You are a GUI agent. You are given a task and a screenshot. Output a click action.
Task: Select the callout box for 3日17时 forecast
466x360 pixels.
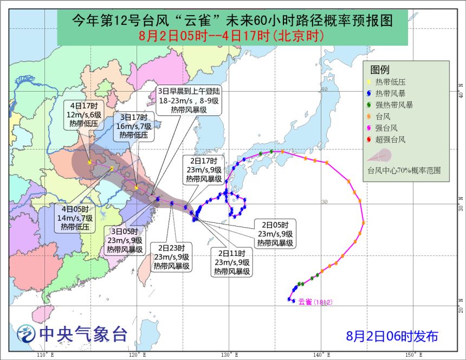(x=134, y=126)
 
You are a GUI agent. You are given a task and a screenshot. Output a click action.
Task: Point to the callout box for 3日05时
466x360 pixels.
(x=124, y=240)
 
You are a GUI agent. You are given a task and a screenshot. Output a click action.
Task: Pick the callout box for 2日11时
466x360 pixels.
(x=231, y=262)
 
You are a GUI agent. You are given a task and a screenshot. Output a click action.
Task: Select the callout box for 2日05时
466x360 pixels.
(x=275, y=234)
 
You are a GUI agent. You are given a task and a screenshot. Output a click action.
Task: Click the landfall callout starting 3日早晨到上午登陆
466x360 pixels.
(x=189, y=99)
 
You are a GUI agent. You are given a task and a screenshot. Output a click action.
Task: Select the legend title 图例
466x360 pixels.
(x=380, y=69)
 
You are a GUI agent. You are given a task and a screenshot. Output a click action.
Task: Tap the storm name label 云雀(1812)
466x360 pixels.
(x=315, y=301)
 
